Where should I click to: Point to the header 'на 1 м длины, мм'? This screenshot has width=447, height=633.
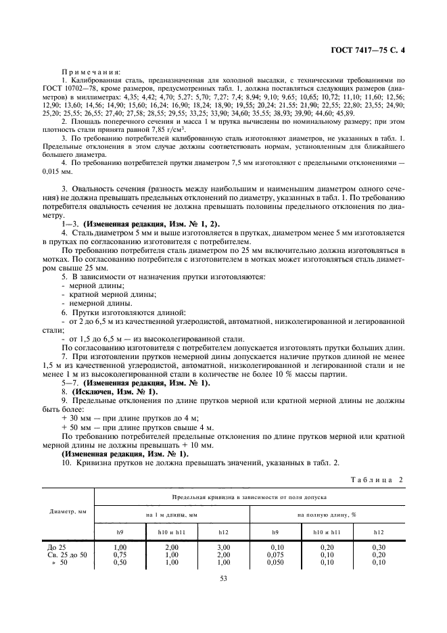[x=171, y=515]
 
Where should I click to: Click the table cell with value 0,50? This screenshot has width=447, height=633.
[x=120, y=561]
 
